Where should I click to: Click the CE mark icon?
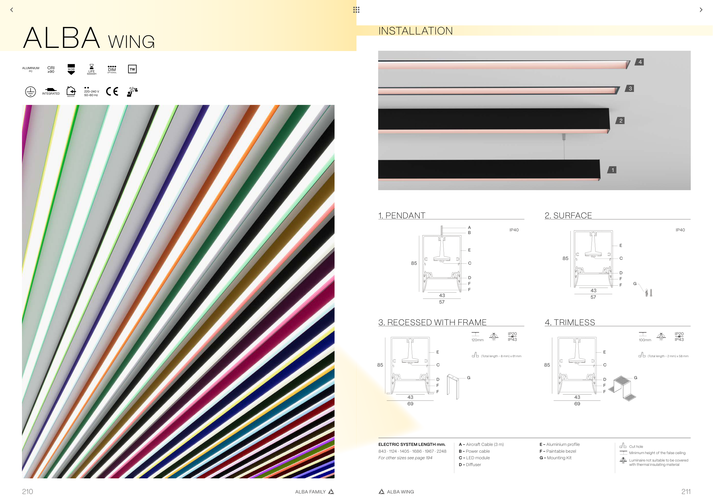pos(112,92)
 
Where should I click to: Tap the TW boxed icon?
pos(132,69)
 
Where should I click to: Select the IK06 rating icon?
pos(71,69)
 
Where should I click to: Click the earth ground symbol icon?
pos(31,92)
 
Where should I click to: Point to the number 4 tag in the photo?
pos(640,62)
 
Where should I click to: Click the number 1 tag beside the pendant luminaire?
pos(612,170)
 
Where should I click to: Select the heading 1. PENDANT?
pos(402,216)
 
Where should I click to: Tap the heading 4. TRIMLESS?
pos(570,322)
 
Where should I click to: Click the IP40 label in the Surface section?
pos(680,230)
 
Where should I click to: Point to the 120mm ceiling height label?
pos(477,340)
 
